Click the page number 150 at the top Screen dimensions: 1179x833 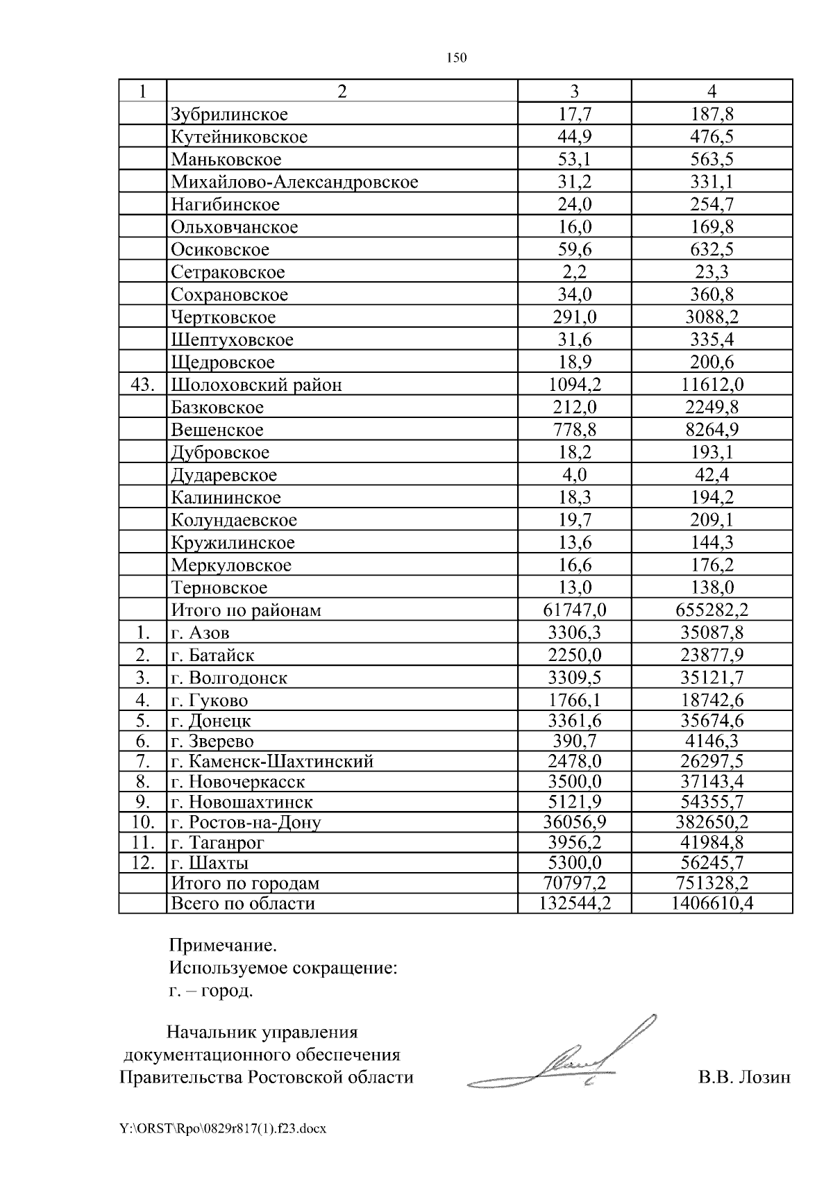[456, 58]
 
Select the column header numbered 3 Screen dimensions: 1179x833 [574, 92]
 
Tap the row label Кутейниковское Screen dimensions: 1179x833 [239, 137]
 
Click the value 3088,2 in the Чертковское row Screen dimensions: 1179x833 [712, 317]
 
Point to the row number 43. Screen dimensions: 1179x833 [142, 385]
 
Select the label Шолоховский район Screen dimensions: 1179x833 [256, 385]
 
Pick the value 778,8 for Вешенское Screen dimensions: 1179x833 [574, 430]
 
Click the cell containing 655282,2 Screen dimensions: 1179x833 [712, 610]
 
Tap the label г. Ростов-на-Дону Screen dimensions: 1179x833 [246, 823]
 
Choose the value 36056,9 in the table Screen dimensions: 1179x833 [574, 823]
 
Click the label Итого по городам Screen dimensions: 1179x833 [245, 883]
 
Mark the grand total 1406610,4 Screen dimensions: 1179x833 [712, 903]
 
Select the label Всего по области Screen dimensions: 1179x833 [242, 903]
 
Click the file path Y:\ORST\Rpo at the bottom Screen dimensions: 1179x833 [222, 1148]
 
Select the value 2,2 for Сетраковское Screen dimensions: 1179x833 [574, 272]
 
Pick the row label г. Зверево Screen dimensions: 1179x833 [212, 742]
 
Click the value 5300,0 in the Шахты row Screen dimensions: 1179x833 [574, 863]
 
